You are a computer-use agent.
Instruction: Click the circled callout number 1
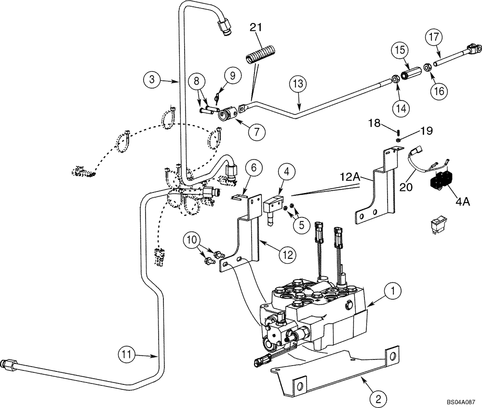(393, 290)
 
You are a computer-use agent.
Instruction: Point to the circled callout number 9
(232, 75)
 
